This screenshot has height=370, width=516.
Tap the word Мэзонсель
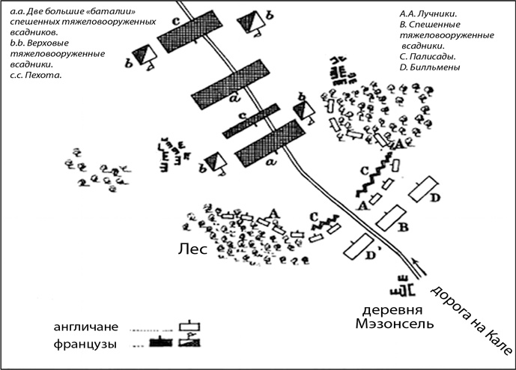(389, 324)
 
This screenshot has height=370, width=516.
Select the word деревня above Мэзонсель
(389, 309)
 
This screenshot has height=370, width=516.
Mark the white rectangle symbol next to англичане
(190, 327)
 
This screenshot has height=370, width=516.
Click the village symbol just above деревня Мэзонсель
(402, 288)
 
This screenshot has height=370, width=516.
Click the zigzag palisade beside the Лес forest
(324, 219)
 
